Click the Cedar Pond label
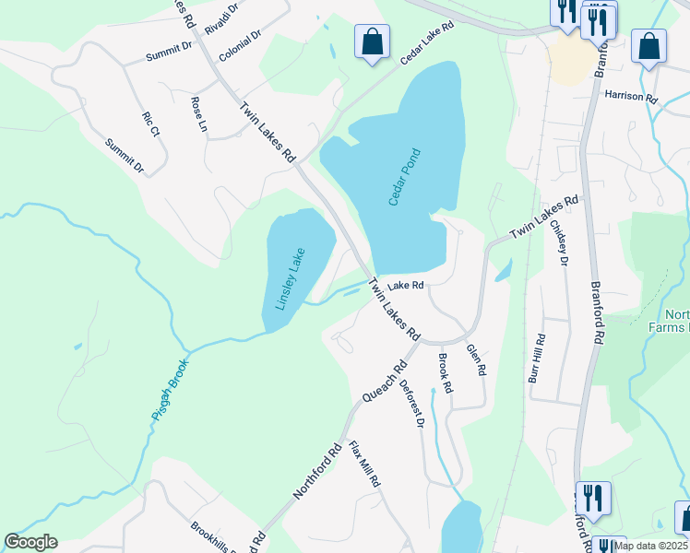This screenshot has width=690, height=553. tap(404, 177)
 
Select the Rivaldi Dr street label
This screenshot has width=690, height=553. tap(221, 18)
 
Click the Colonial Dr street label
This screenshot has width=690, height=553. tap(241, 45)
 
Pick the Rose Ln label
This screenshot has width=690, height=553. tap(198, 113)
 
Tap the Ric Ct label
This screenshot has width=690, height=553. tap(151, 124)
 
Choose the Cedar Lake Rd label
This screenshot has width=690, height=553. tap(428, 42)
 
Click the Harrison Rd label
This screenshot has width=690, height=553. tap(630, 96)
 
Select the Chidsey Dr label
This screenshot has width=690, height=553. tap(559, 241)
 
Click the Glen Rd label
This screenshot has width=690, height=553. tap(476, 360)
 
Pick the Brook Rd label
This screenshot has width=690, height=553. tap(446, 373)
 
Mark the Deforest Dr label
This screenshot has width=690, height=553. tap(412, 406)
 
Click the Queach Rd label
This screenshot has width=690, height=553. tap(385, 381)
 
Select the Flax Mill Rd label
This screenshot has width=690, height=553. tap(364, 463)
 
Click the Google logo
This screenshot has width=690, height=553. tap(30, 542)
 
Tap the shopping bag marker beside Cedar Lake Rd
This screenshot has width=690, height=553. tap(372, 41)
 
